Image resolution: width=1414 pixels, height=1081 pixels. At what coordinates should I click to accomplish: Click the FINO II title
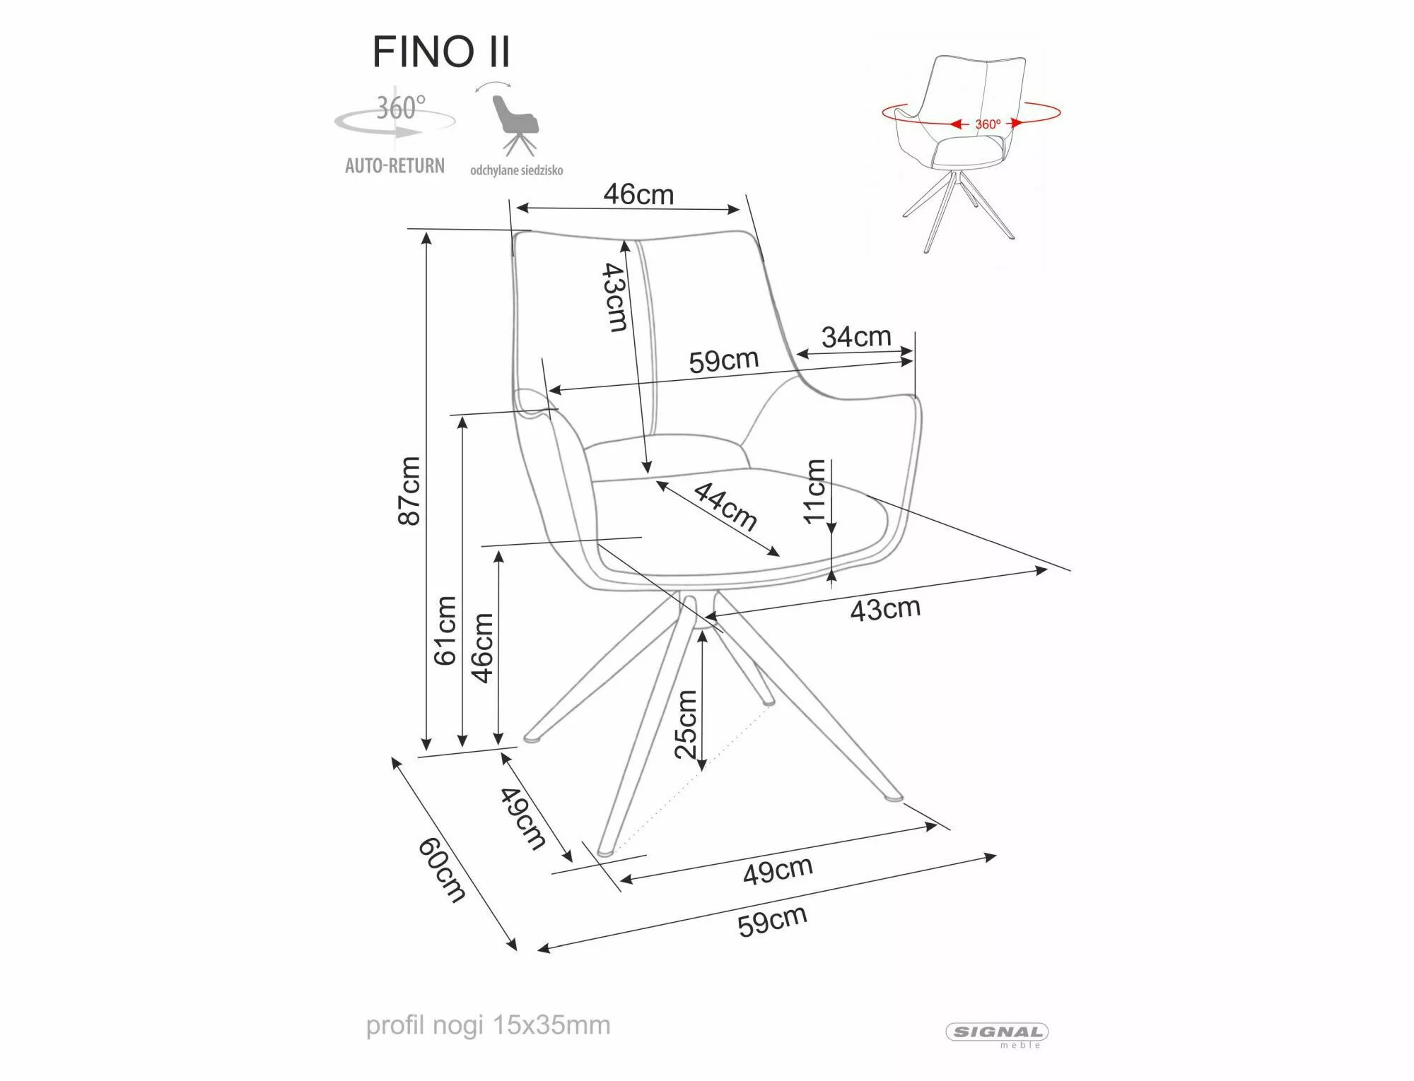[x=440, y=52]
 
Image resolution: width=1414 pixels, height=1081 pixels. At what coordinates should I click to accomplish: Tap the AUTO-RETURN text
[x=395, y=166]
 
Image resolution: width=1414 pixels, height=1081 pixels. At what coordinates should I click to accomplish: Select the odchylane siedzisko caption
[x=517, y=170]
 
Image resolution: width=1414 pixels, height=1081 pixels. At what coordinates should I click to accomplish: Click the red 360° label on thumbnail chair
[x=988, y=124]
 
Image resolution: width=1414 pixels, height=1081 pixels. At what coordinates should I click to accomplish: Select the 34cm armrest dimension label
[x=856, y=337]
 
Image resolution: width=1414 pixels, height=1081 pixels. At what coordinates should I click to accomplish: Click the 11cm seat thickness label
[x=814, y=490]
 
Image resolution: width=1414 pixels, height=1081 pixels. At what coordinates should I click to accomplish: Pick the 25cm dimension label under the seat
[x=686, y=724]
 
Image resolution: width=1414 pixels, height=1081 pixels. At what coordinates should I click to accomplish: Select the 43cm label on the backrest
[x=614, y=297]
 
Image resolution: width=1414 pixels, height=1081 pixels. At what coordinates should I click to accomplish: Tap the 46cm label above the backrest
[x=638, y=194]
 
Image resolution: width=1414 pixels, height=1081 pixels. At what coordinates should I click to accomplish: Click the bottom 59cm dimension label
[x=772, y=921]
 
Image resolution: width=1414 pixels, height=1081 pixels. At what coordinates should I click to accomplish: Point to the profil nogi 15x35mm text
[x=488, y=1025]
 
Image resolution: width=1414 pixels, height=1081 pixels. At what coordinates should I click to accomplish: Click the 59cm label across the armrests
[x=723, y=361]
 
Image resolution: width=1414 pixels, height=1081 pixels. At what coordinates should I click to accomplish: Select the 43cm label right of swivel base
[x=884, y=609]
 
